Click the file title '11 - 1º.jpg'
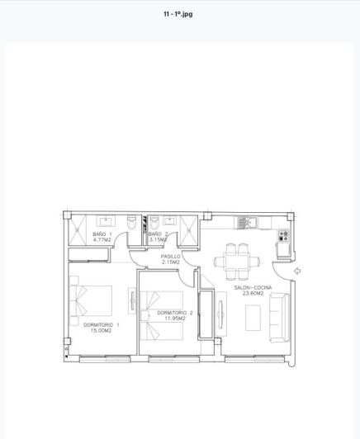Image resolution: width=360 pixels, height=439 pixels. point(178,14)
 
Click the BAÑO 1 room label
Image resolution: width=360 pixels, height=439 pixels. point(102,234)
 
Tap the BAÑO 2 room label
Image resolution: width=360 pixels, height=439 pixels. point(158,234)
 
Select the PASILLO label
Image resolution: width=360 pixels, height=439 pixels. point(170,257)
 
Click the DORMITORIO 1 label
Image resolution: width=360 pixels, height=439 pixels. point(102,324)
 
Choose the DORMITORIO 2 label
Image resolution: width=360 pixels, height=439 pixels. point(175,313)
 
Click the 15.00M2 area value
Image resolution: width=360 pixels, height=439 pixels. point(102,330)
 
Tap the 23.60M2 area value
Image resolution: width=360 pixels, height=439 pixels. point(253,294)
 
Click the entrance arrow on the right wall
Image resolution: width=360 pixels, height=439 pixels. point(297,271)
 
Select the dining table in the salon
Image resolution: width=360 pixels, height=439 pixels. point(237,259)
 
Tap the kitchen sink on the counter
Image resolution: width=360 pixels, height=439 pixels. point(246,223)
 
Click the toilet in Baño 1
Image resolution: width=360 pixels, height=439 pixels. point(131,223)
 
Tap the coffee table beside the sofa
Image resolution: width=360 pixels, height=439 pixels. point(253,318)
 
